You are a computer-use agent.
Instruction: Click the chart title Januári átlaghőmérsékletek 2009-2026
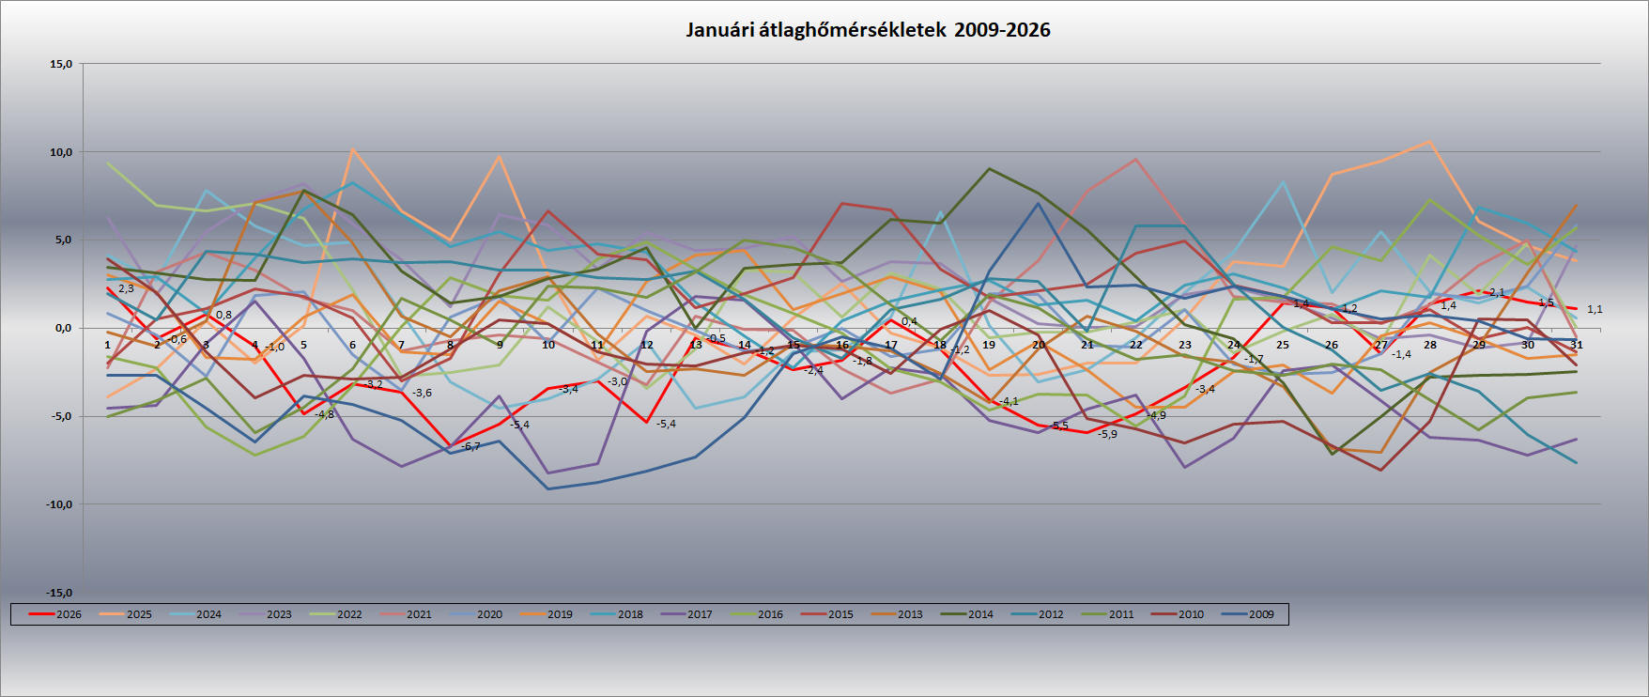click(x=868, y=30)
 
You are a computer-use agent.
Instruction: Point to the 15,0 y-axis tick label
click(x=61, y=65)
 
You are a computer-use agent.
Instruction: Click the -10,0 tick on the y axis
click(x=59, y=504)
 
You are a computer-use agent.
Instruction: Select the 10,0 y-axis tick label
click(x=61, y=152)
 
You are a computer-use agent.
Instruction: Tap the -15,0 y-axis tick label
click(x=59, y=593)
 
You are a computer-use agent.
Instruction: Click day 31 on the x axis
click(x=1578, y=345)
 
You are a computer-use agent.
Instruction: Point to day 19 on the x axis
click(x=989, y=345)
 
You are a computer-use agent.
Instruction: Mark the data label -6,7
click(x=470, y=446)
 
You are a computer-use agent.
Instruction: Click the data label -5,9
click(x=1107, y=434)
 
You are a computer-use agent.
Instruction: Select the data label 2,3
click(x=126, y=288)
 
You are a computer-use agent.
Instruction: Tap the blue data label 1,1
click(x=1595, y=309)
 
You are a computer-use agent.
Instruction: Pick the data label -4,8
click(x=324, y=414)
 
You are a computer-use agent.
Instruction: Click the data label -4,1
click(x=1009, y=401)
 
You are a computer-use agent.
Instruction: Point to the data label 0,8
click(x=223, y=315)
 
